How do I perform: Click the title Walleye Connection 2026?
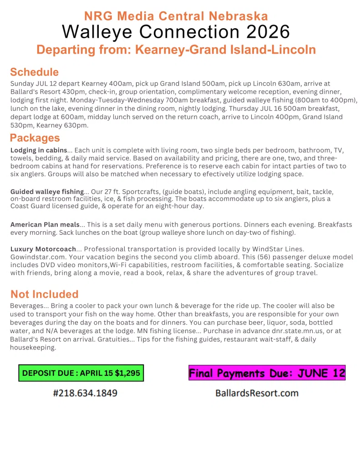click(176, 32)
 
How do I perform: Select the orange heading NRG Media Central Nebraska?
click(176, 16)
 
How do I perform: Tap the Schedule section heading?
click(34, 72)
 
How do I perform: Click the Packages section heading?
click(35, 137)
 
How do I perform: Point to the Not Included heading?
click(44, 294)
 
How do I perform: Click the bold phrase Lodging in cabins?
click(38, 150)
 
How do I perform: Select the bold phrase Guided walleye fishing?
click(47, 192)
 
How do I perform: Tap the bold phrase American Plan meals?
click(45, 224)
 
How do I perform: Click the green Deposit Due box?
click(81, 373)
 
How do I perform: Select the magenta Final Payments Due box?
click(267, 373)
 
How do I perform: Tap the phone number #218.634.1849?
click(85, 392)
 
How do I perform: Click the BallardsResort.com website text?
click(257, 392)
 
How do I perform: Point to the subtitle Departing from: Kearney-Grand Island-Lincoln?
click(176, 50)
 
